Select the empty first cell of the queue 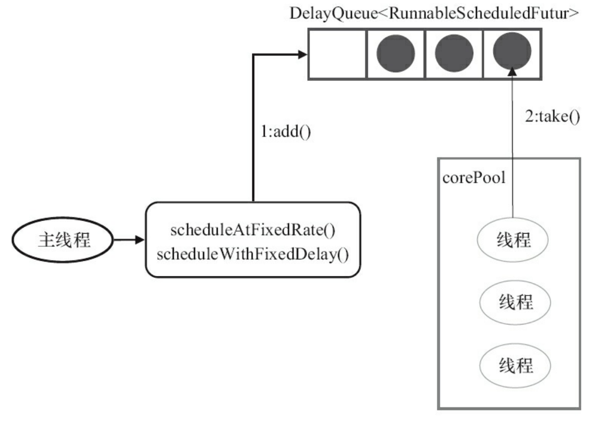click(337, 54)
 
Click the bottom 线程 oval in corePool click(515, 365)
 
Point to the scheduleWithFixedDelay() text click(252, 254)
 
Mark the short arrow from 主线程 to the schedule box click(129, 240)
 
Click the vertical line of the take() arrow click(512, 151)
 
